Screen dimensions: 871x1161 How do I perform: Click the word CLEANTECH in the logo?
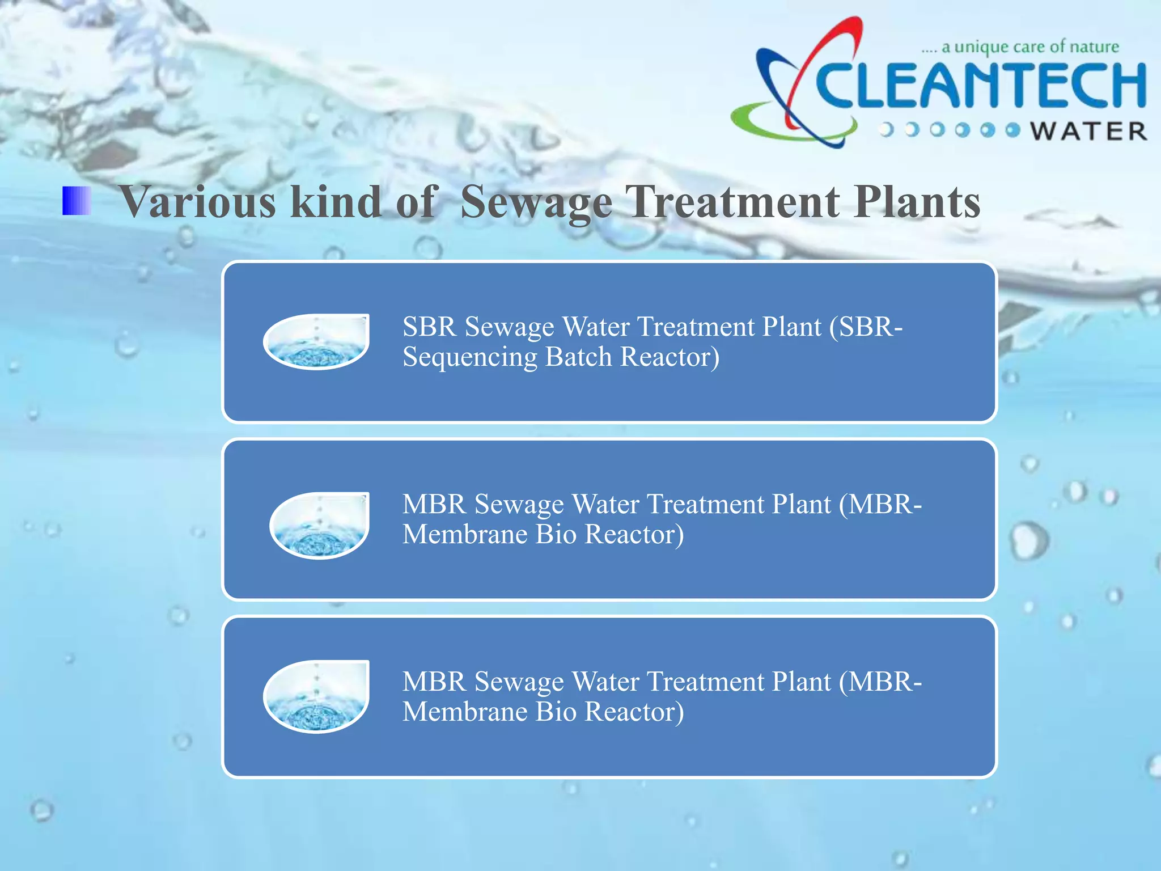click(x=981, y=85)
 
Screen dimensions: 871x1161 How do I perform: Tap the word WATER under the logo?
click(x=1088, y=132)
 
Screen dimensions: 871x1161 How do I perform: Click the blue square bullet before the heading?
click(x=77, y=201)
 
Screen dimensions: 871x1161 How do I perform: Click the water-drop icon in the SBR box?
click(x=316, y=341)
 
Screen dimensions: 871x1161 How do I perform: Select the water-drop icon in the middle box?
click(x=320, y=525)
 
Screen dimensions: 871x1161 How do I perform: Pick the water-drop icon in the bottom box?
click(x=316, y=696)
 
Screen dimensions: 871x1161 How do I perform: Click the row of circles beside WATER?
click(x=950, y=130)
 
